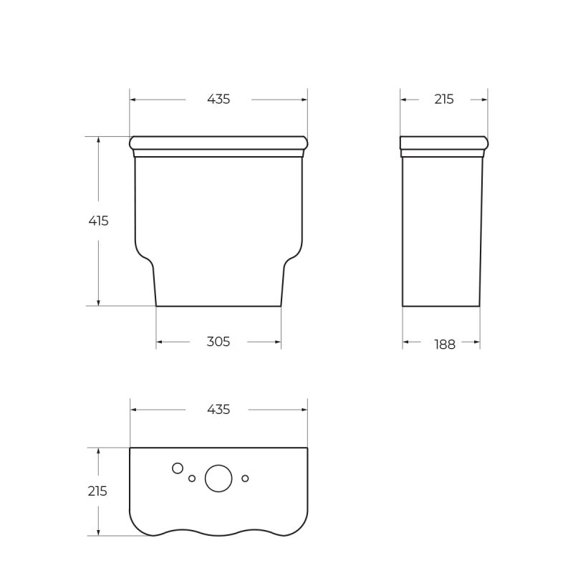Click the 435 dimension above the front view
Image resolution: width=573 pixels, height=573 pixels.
[218, 100]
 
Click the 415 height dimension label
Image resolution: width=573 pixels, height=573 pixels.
[98, 221]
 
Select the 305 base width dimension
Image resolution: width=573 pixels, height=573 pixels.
[218, 342]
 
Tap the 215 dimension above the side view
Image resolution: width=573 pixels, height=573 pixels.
[444, 100]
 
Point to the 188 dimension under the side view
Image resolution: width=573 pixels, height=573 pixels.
[445, 345]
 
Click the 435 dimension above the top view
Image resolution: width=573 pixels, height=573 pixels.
[218, 410]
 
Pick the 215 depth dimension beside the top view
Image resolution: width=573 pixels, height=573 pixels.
[97, 491]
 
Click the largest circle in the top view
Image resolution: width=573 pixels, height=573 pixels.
[218, 478]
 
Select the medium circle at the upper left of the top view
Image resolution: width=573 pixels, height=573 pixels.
[178, 468]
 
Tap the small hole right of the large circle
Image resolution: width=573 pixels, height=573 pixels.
[245, 478]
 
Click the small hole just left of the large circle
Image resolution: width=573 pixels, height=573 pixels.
[192, 478]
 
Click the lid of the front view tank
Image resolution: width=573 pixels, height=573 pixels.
[218, 143]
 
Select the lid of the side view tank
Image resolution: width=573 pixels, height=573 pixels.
[444, 143]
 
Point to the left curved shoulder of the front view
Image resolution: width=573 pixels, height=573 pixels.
[144, 255]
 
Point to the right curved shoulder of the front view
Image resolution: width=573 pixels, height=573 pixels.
[293, 255]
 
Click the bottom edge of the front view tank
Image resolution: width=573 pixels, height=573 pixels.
[218, 306]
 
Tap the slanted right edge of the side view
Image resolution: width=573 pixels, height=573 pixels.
[481, 229]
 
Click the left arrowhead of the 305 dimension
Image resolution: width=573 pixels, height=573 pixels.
[160, 342]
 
